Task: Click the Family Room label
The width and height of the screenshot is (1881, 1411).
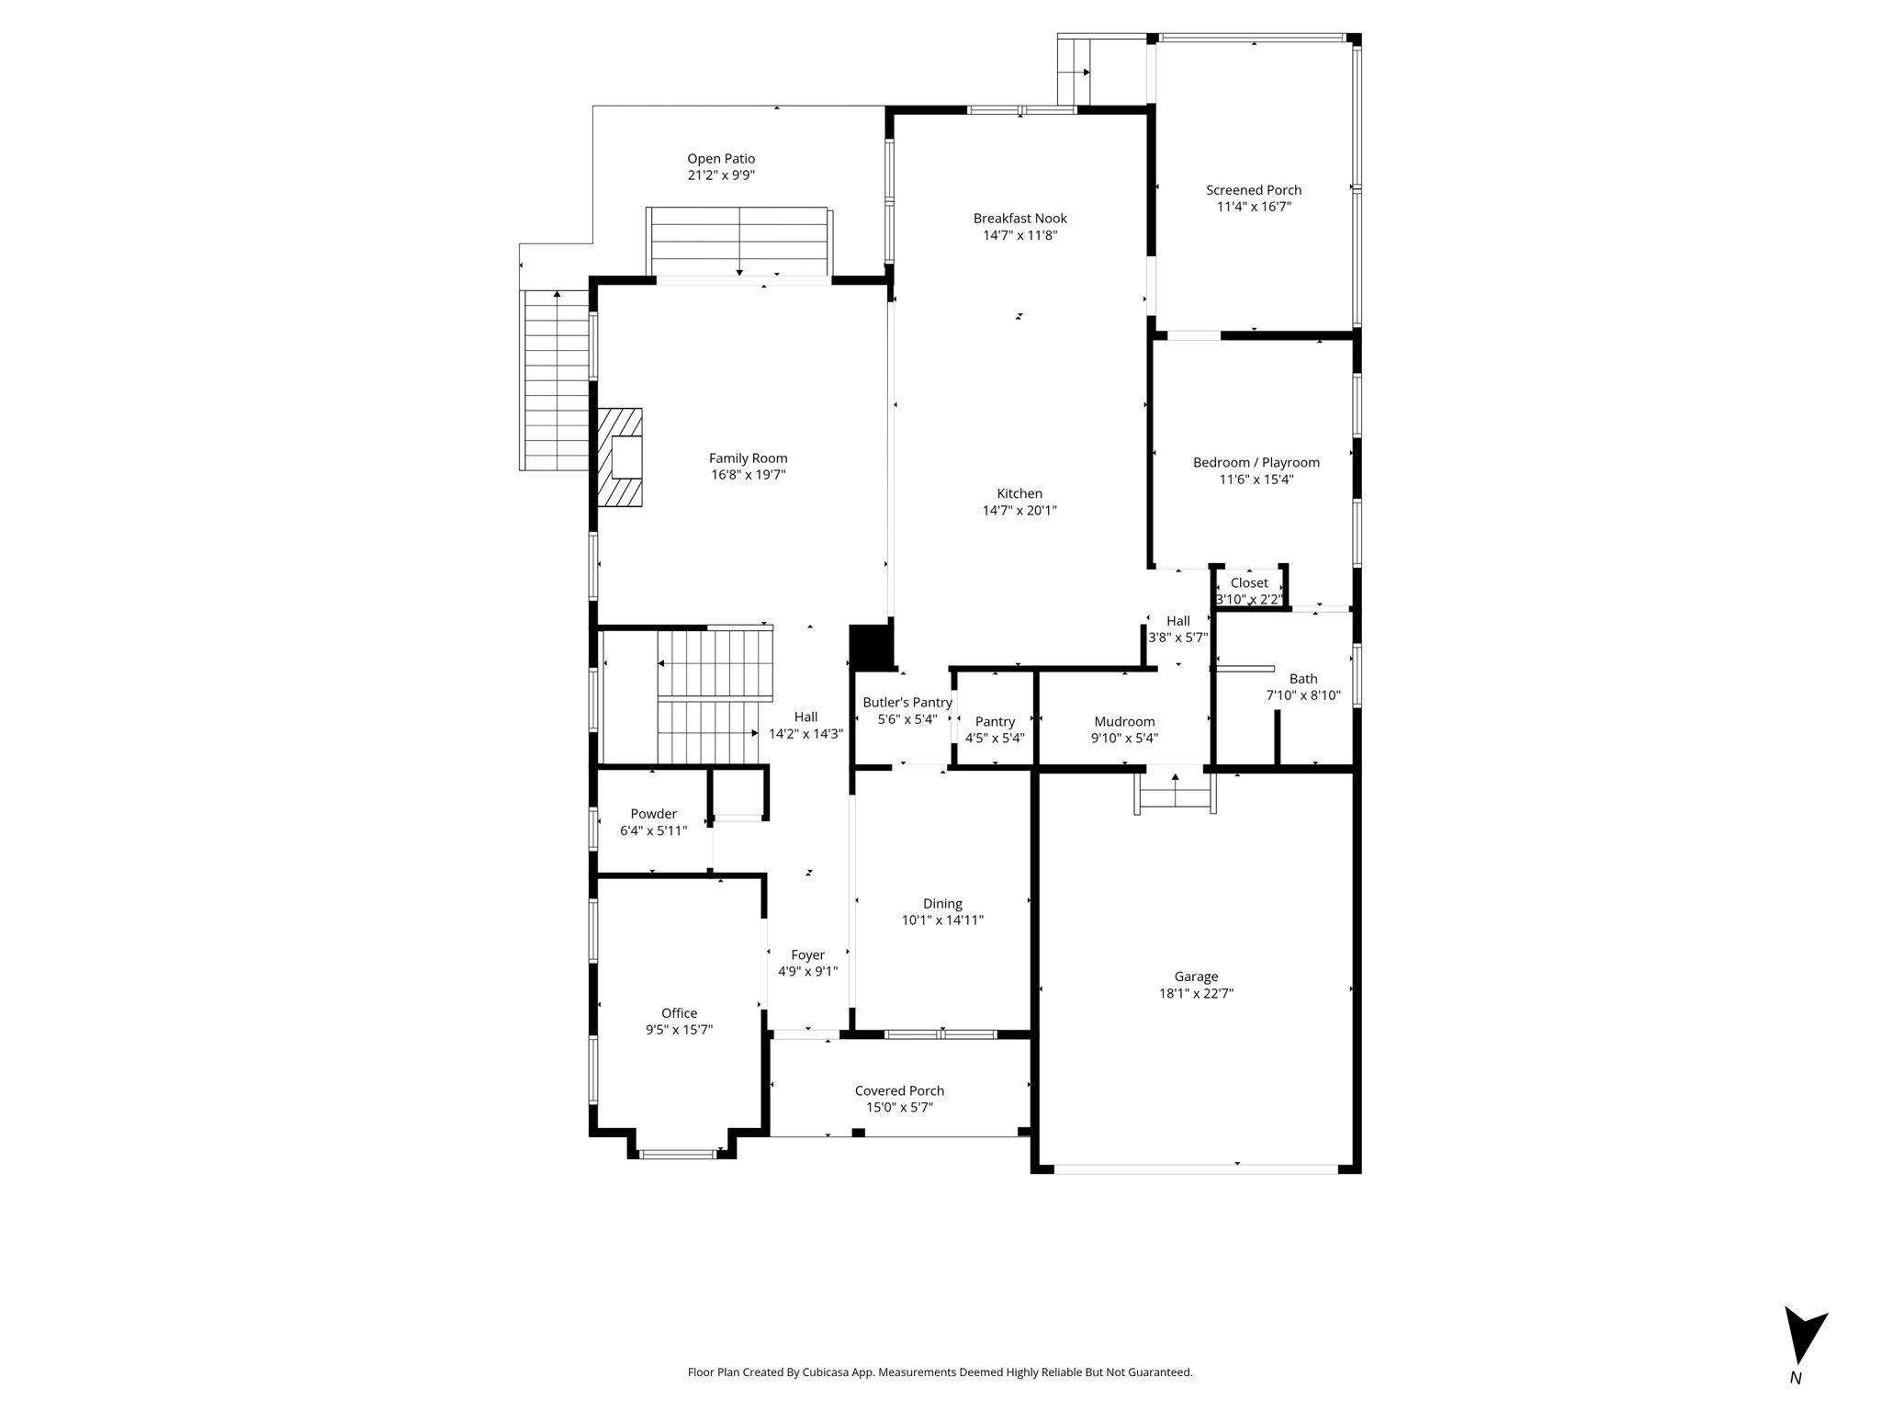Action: click(x=748, y=458)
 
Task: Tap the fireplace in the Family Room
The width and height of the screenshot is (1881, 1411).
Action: click(x=620, y=457)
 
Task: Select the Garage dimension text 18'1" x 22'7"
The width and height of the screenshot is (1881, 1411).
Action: click(x=1196, y=993)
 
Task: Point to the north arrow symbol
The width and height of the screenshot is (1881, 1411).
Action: click(x=1804, y=1347)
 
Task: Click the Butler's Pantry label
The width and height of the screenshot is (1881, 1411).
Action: click(x=907, y=703)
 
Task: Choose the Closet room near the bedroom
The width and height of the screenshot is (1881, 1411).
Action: click(x=1249, y=589)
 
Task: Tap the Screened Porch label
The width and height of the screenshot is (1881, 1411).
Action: click(x=1254, y=190)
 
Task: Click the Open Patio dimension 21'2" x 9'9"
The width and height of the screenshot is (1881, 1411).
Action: click(x=721, y=175)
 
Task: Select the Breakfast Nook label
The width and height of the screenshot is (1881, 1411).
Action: click(x=1020, y=219)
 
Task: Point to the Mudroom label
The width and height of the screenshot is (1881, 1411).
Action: click(x=1124, y=722)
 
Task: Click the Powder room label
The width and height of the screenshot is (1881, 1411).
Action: click(x=653, y=814)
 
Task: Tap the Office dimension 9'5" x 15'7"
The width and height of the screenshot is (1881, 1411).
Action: click(x=679, y=1030)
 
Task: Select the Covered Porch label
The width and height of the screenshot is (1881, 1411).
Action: click(x=899, y=1091)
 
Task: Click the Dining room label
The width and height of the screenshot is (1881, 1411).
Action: click(x=942, y=904)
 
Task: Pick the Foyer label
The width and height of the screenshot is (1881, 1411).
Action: click(x=807, y=955)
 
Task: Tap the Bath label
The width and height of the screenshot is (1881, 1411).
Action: click(x=1303, y=679)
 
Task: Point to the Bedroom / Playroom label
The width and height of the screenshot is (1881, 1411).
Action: click(x=1256, y=463)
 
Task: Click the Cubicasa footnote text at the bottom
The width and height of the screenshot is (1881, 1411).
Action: click(x=940, y=1372)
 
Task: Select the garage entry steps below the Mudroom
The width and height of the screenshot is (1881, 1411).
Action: click(x=1176, y=793)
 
